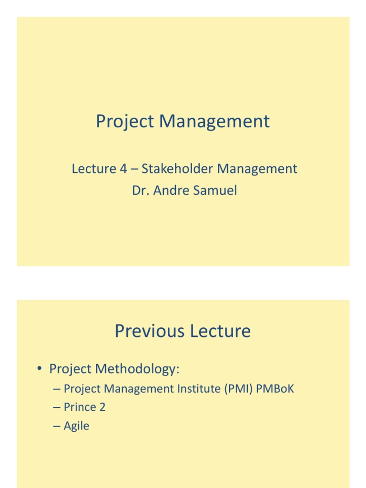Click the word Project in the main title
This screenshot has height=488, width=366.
click(125, 122)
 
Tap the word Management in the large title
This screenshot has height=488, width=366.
click(214, 122)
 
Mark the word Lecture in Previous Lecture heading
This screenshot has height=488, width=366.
click(219, 331)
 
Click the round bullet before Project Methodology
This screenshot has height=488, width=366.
click(41, 369)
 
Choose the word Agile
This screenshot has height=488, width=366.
click(77, 426)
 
